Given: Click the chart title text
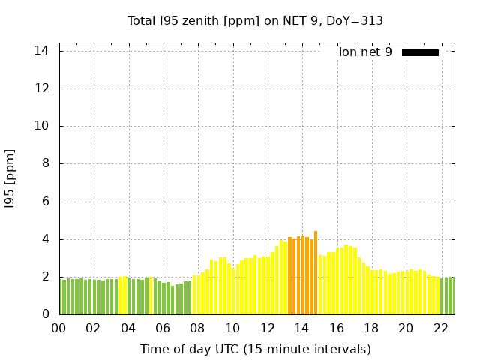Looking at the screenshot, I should coord(255,20).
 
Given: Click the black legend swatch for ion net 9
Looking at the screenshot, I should coord(420,52).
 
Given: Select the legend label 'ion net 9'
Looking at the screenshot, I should coord(365,52).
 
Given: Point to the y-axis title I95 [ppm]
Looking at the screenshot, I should coord(10,178).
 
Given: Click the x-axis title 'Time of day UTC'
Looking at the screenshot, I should coord(255,349).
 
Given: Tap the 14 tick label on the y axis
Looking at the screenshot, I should coord(42,51).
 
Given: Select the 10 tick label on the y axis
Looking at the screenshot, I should coord(42,126).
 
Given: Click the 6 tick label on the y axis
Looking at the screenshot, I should coord(46,202).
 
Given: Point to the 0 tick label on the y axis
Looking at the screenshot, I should coord(46,314).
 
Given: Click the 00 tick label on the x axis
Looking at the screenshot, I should coord(58,328).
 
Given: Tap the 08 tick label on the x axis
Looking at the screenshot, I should coord(197,328).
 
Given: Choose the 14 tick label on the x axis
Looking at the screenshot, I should coord(301,328).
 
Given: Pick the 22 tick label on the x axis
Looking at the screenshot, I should coord(440,328).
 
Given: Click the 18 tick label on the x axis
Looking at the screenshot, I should coord(371,328).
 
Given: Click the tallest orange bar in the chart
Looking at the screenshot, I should coord(316,274).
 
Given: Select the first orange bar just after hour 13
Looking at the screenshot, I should coord(289,276).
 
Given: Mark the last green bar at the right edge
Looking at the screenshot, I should coord(452,295).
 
